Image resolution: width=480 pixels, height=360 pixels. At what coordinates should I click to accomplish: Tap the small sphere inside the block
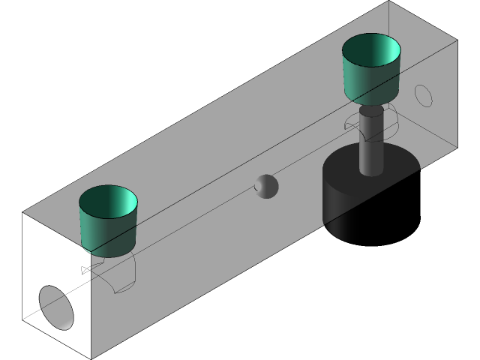click(265, 186)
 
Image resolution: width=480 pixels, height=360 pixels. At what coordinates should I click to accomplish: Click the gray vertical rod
click(370, 142)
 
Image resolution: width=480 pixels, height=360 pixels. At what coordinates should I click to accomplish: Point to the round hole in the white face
click(57, 307)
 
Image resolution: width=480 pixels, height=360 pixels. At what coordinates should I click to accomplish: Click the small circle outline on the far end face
click(424, 95)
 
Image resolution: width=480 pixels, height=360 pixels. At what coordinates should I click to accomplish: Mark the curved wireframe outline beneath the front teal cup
click(120, 277)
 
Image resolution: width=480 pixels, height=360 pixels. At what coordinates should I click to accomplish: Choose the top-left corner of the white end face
click(22, 214)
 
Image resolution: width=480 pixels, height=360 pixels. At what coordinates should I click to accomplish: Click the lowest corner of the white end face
click(91, 357)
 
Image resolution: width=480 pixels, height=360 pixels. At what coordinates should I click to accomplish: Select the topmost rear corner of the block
click(388, 2)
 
